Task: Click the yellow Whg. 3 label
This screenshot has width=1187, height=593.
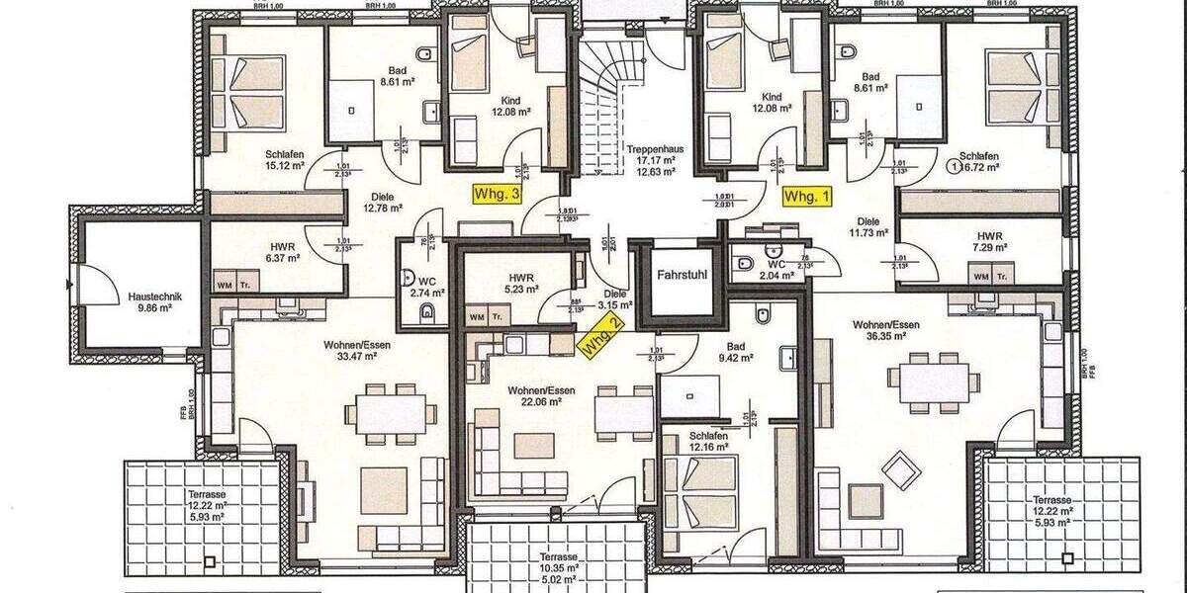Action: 498,196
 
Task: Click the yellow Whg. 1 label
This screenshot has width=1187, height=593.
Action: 807,197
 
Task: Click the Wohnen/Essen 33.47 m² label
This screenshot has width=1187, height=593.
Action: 350,351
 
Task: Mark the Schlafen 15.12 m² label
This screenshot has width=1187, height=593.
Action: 284,159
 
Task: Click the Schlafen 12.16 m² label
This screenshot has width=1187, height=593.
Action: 709,441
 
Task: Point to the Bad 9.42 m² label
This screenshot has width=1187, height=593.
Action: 735,353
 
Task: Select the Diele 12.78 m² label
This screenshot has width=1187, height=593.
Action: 382,202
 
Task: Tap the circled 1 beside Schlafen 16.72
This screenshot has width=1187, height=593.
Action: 953,166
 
